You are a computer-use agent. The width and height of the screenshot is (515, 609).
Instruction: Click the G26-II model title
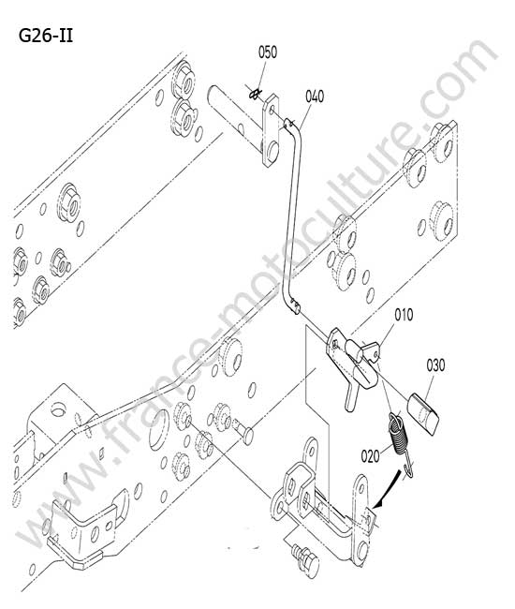click(46, 37)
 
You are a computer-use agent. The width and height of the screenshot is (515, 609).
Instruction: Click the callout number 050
click(268, 52)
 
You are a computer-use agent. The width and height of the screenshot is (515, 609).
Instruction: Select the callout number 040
click(315, 97)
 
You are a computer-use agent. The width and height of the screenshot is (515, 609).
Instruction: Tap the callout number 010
click(404, 315)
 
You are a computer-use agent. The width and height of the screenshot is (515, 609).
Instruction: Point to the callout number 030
click(435, 365)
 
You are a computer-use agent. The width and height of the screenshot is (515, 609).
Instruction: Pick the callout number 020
click(370, 455)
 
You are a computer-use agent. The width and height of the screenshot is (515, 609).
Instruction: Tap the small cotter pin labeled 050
click(255, 94)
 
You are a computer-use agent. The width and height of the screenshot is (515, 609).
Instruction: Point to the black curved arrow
click(388, 489)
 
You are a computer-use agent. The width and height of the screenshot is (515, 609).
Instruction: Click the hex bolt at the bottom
click(306, 559)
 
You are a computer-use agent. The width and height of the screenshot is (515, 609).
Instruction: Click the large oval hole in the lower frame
click(159, 429)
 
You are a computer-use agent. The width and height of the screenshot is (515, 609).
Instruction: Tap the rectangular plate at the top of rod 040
click(271, 130)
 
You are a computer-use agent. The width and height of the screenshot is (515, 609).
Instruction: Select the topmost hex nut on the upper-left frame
click(184, 80)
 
